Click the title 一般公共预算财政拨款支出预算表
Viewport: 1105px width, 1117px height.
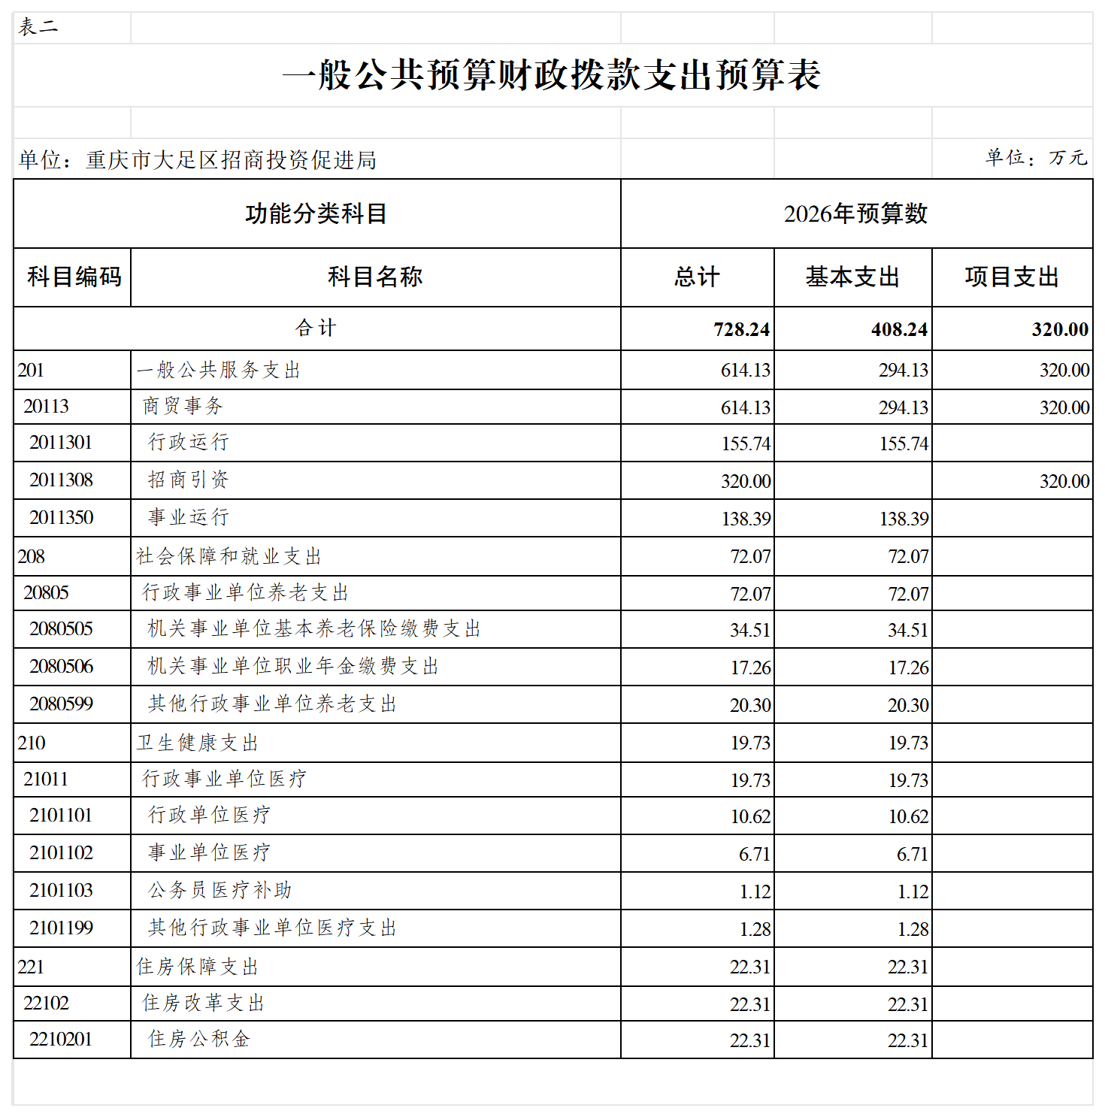pyautogui.click(x=551, y=75)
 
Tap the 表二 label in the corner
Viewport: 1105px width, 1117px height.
pyautogui.click(x=38, y=28)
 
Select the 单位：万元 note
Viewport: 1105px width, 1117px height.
pyautogui.click(x=1036, y=158)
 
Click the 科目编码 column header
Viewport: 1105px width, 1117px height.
pyautogui.click(x=74, y=277)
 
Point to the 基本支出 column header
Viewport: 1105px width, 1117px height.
pyautogui.click(x=852, y=277)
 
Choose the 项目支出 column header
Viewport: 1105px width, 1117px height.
pyautogui.click(x=1012, y=277)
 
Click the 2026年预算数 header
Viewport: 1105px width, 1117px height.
pyautogui.click(x=855, y=214)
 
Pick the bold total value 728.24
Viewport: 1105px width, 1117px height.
pyautogui.click(x=741, y=330)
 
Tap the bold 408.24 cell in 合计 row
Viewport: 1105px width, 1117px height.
pyautogui.click(x=899, y=330)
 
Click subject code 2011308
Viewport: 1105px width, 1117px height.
pyautogui.click(x=61, y=480)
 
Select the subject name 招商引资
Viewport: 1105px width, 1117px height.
pyautogui.click(x=188, y=480)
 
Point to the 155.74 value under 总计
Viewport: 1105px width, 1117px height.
pyautogui.click(x=746, y=444)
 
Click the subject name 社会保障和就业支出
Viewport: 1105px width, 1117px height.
pyautogui.click(x=229, y=557)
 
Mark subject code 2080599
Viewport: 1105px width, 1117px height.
pyautogui.click(x=61, y=704)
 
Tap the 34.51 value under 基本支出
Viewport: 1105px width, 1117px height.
pyautogui.click(x=908, y=631)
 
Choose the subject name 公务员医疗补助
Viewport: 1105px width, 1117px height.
pyautogui.click(x=219, y=891)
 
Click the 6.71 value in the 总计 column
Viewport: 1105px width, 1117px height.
pyautogui.click(x=754, y=855)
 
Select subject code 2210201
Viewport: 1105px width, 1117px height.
pyautogui.click(x=61, y=1040)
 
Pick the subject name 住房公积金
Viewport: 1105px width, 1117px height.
pyautogui.click(x=198, y=1040)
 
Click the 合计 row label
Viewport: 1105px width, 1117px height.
pyautogui.click(x=316, y=328)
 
